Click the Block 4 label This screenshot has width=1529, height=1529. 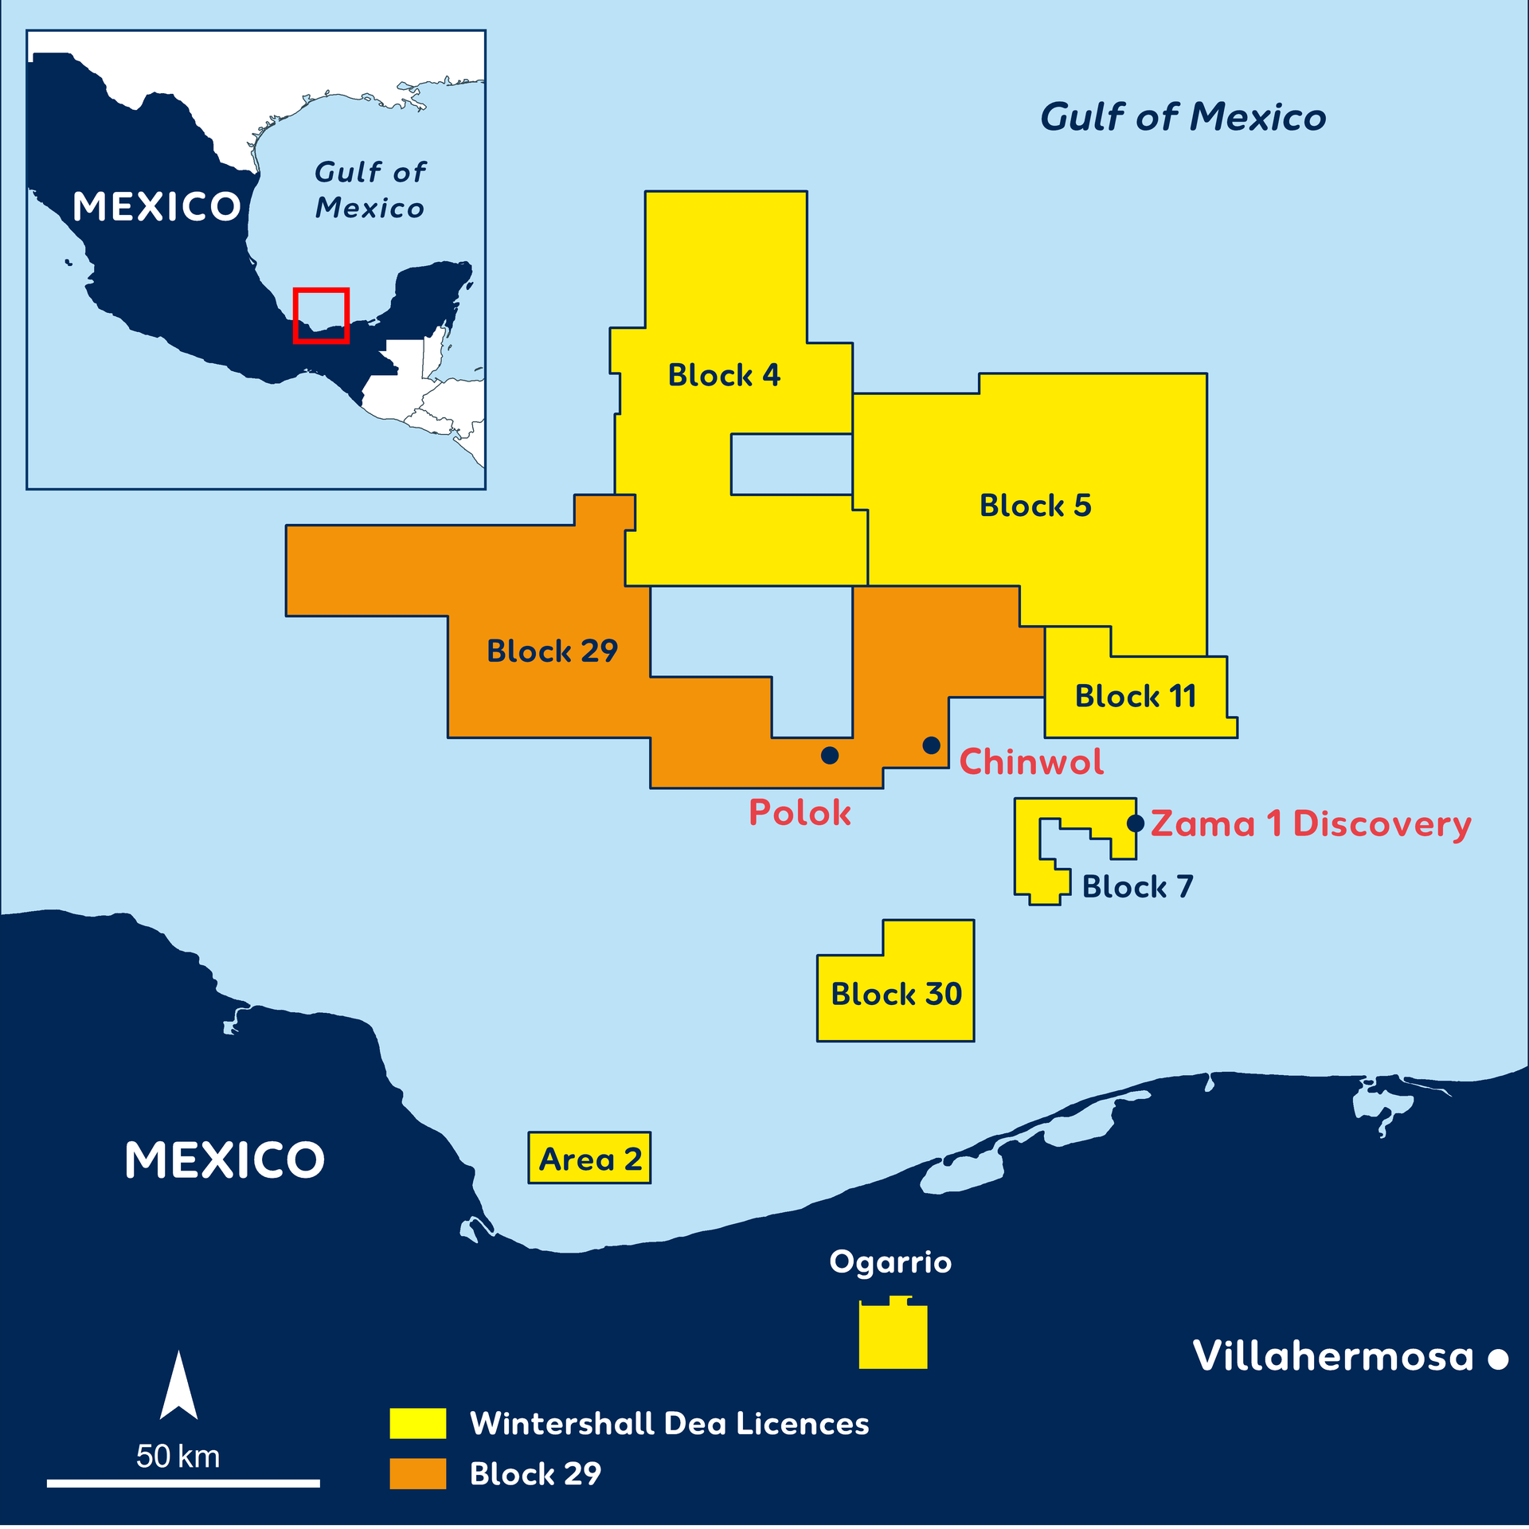[x=723, y=375]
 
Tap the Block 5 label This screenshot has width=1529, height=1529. [x=1034, y=506]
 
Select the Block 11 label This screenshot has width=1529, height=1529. [x=1135, y=697]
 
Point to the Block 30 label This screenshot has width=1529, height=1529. [x=896, y=995]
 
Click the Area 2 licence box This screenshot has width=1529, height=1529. [x=589, y=1158]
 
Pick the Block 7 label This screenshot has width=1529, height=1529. [x=1136, y=887]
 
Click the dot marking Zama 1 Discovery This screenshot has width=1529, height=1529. [x=1136, y=823]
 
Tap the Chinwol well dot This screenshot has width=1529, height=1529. [x=931, y=745]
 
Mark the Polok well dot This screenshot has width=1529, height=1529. [x=830, y=755]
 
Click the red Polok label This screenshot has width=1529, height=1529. [x=800, y=813]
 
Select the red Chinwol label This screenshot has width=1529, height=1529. [x=1031, y=762]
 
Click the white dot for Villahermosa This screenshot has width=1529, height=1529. [x=1498, y=1359]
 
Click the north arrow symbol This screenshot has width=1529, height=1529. [x=178, y=1386]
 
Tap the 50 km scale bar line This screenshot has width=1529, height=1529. [x=183, y=1484]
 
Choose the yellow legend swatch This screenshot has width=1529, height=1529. [x=417, y=1423]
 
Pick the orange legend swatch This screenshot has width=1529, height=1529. [x=417, y=1473]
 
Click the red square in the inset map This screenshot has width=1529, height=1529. [x=321, y=315]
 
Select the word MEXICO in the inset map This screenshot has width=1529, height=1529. [x=156, y=207]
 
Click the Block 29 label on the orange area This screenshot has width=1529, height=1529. [x=552, y=651]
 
